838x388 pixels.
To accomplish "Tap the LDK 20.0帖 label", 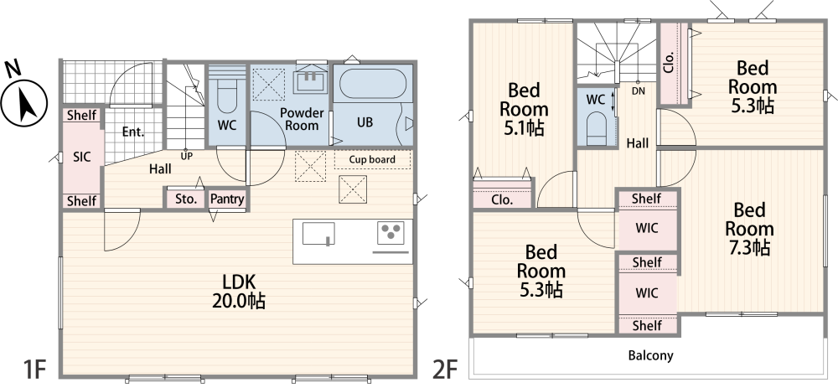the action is [238, 292].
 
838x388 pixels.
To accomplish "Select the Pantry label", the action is [227, 199].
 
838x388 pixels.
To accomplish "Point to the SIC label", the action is [81, 157].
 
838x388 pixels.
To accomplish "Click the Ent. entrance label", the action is [133, 132].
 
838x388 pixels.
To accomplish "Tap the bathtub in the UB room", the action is [373, 83].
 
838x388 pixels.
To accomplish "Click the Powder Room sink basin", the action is [311, 80].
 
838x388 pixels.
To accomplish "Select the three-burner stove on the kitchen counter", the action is [391, 232].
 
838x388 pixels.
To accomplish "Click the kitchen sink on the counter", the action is [318, 234].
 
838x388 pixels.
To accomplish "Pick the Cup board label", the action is [372, 159].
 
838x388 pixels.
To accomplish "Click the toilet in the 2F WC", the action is [597, 127].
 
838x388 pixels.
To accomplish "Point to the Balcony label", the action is [650, 355].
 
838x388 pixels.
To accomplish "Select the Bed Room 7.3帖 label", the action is [748, 229].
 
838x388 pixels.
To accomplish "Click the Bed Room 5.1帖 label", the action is [524, 109].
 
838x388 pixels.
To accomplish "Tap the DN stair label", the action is [638, 91].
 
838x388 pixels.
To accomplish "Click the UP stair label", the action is [187, 156].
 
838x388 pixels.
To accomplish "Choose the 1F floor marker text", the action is [34, 370].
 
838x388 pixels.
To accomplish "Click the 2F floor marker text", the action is [445, 370].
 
